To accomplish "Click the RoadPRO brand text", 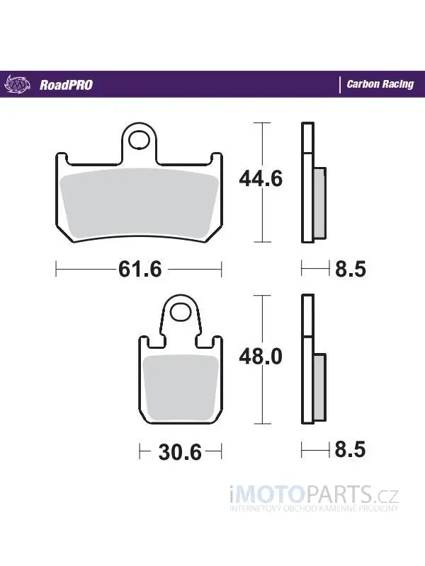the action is point(66,85).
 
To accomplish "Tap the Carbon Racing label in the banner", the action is point(380,84).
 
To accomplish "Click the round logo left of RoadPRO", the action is point(15,85).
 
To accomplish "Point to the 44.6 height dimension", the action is point(261,178).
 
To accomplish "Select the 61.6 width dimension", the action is point(140,269).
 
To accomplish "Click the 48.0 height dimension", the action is point(261,357).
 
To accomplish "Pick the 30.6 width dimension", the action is point(180,452).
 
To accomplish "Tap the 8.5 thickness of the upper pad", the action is point(351,269).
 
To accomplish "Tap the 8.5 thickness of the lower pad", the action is point(350,449).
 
